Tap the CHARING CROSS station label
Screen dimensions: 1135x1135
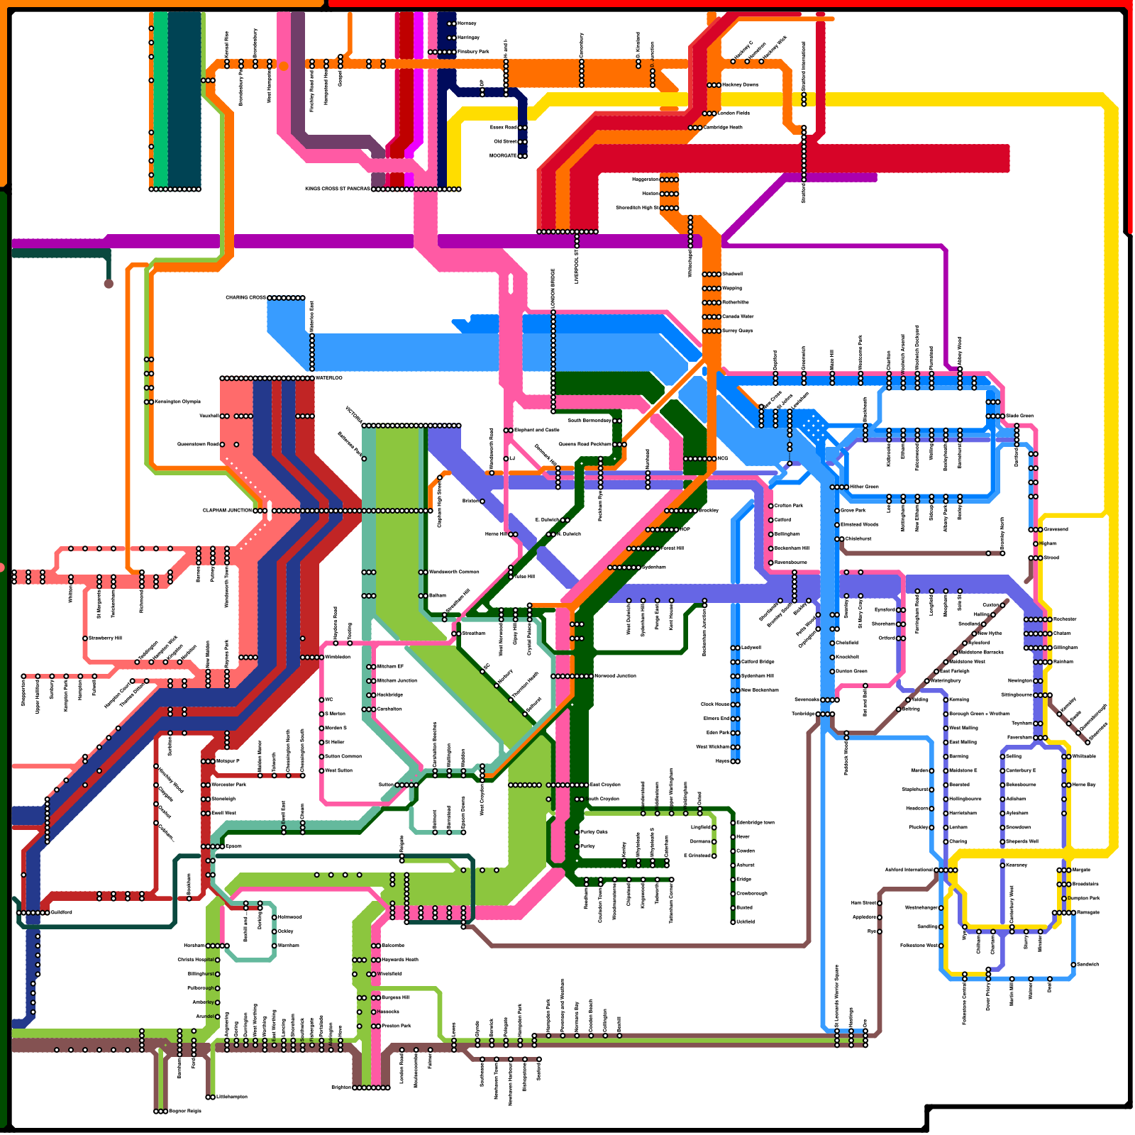245,298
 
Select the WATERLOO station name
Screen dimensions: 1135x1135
329,378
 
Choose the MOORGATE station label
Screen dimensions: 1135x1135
503,156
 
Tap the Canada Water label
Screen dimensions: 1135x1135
738,317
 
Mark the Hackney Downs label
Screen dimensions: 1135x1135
740,85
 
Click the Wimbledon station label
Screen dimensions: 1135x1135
338,658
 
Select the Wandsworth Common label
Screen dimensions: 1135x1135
454,572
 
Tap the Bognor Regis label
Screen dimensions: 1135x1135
185,1112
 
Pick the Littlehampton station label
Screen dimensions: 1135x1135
232,1097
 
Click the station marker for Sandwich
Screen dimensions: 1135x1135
1073,965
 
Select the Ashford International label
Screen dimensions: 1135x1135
909,870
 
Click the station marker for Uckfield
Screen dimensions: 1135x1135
733,922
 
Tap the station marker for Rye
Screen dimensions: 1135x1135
880,931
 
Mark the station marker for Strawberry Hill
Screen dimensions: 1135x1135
85,638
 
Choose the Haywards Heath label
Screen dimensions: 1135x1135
400,960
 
